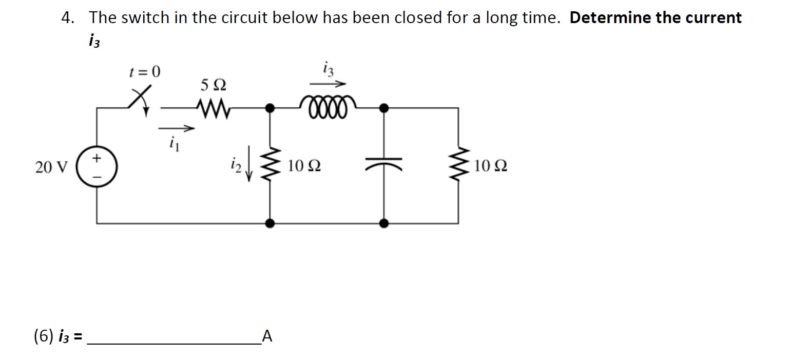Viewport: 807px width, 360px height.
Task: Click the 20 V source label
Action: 51,167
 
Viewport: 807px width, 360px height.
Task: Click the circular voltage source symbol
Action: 97,167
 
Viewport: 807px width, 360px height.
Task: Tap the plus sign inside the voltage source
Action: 97,158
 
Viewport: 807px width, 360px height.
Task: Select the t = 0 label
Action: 145,71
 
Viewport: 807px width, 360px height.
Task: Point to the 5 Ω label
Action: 213,85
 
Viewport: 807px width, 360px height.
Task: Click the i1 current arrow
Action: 176,128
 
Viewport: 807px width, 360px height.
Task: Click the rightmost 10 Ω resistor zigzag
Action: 458,165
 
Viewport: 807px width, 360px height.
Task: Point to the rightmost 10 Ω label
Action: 491,166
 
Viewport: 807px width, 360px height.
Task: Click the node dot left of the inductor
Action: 270,108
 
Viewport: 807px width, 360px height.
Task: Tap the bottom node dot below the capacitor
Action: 383,223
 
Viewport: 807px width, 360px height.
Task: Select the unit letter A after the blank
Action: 267,336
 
